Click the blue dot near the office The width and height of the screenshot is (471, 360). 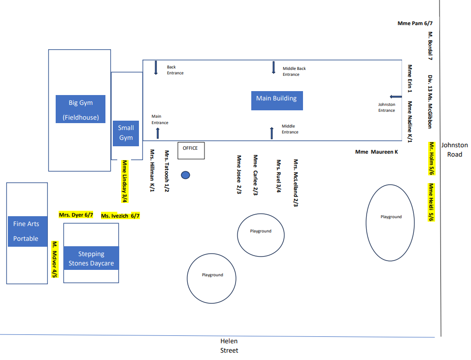pos(186,175)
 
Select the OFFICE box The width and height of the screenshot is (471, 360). pos(191,150)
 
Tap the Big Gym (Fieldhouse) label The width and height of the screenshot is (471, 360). pos(80,109)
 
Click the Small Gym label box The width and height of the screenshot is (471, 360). pos(126,132)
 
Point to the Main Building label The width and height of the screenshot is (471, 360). pos(276,100)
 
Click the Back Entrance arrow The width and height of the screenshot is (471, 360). pos(156,67)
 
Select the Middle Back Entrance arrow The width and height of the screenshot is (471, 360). pos(273,67)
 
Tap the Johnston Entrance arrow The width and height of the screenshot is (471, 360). pos(396,97)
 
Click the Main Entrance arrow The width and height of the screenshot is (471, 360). pos(158,132)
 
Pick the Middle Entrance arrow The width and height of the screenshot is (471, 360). pos(271,132)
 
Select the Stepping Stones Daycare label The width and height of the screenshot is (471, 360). pos(91,259)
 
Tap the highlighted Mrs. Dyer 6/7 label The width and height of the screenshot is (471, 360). pos(76,215)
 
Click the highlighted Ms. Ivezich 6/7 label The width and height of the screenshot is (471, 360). pos(120,216)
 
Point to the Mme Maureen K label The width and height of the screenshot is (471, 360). pos(376,152)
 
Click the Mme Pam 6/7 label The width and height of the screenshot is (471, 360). pos(418,23)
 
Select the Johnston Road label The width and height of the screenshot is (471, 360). pos(454,150)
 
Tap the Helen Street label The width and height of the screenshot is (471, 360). pos(229,346)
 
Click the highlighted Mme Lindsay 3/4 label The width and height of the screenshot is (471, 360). pos(125,181)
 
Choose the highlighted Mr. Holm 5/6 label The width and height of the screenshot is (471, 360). pos(431,159)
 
